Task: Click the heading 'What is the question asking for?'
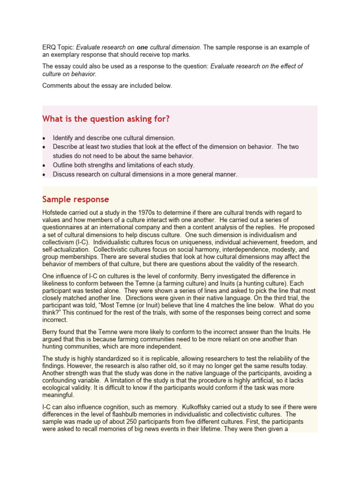(106, 119)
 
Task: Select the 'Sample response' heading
(75, 199)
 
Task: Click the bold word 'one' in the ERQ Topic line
(142, 47)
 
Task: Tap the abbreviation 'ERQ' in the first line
(49, 47)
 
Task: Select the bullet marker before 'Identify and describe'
(44, 139)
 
